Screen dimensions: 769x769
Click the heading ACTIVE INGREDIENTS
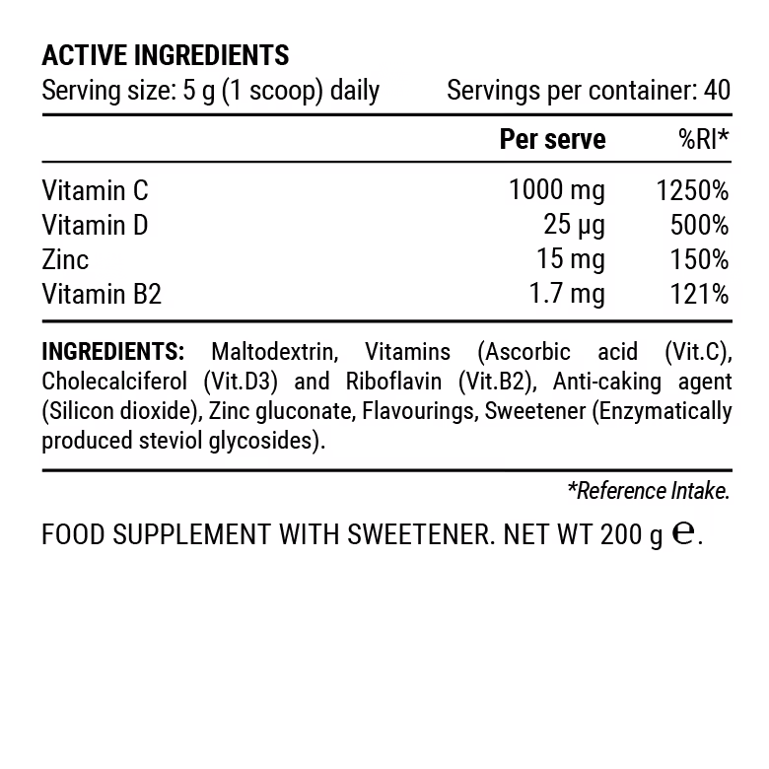click(x=165, y=54)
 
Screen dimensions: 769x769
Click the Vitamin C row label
click(x=95, y=191)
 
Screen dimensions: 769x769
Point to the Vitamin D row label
click(x=95, y=226)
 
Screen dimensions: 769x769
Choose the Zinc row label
click(x=65, y=260)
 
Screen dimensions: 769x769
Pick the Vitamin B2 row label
click(x=101, y=294)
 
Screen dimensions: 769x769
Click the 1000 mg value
click(x=556, y=191)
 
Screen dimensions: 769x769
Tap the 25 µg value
click(x=574, y=226)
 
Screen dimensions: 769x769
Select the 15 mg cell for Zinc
click(x=573, y=260)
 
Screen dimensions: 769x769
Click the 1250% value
click(x=692, y=191)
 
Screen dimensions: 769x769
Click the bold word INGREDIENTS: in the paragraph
click(x=113, y=353)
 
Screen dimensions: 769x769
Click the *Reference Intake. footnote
click(x=648, y=490)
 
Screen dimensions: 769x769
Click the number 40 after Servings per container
click(x=718, y=92)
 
